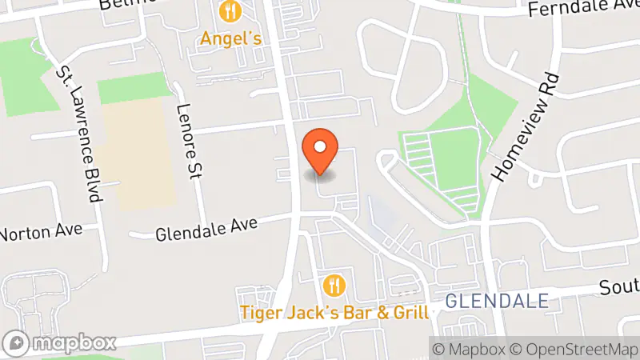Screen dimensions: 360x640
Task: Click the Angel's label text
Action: (230, 38)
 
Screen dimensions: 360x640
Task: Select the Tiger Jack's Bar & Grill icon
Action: (334, 284)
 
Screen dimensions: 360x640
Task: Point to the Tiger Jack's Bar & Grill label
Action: (334, 311)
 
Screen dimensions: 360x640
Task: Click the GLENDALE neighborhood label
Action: (496, 301)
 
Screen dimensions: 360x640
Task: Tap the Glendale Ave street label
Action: (206, 230)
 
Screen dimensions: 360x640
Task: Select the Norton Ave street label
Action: (42, 233)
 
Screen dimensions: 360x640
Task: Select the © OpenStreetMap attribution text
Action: (574, 349)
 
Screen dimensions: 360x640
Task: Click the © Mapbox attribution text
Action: (469, 349)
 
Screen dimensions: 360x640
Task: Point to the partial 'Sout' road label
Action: (620, 286)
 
